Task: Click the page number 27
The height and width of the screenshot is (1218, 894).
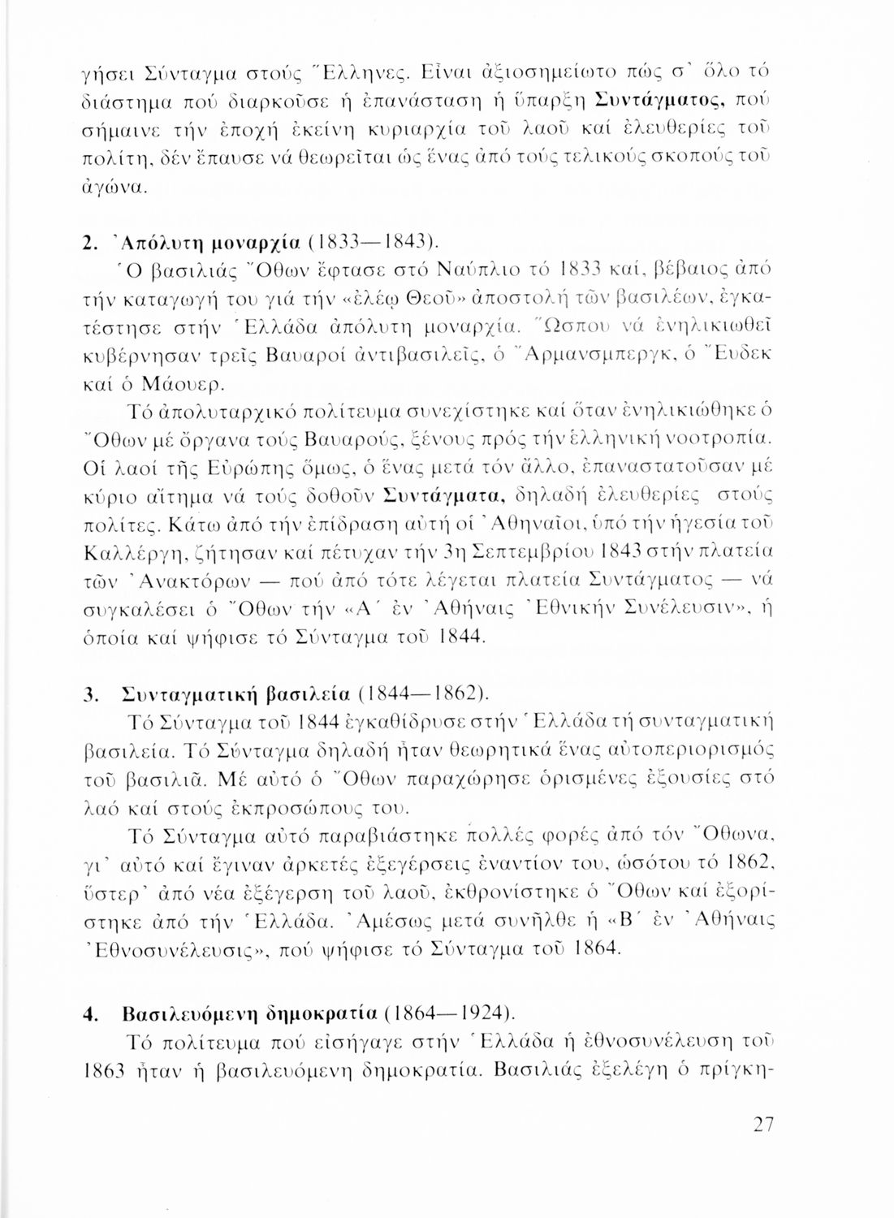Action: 762,1125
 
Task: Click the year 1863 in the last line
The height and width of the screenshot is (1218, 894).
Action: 106,1069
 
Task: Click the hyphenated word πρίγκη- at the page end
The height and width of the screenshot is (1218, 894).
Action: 732,1069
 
